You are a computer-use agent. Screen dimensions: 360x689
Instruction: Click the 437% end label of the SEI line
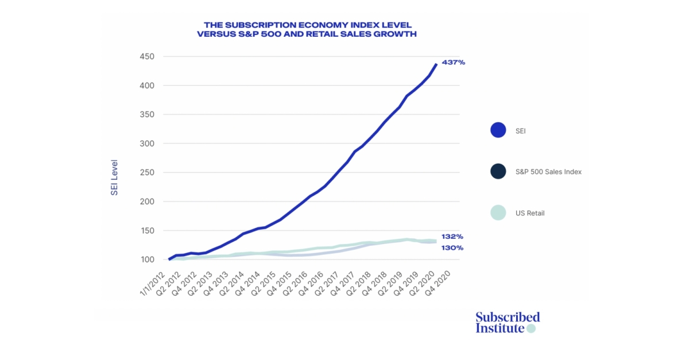point(453,62)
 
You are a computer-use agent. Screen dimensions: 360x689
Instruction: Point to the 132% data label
point(452,237)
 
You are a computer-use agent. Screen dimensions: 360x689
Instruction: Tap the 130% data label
point(452,248)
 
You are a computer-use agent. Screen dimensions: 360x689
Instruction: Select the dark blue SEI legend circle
point(498,130)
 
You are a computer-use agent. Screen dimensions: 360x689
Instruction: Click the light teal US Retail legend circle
point(498,212)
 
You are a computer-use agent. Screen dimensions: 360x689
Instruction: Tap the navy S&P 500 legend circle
point(498,171)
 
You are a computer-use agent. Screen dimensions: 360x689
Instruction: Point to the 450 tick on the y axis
point(147,56)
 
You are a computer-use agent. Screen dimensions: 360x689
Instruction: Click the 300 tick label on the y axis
point(147,144)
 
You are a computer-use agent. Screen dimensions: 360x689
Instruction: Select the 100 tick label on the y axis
point(147,260)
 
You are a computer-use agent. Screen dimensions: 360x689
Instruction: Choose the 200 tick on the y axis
point(147,202)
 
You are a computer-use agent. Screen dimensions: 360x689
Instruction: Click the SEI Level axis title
point(114,177)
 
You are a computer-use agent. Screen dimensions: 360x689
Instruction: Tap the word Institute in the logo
point(500,328)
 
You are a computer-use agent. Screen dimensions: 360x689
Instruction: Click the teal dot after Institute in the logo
point(531,329)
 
